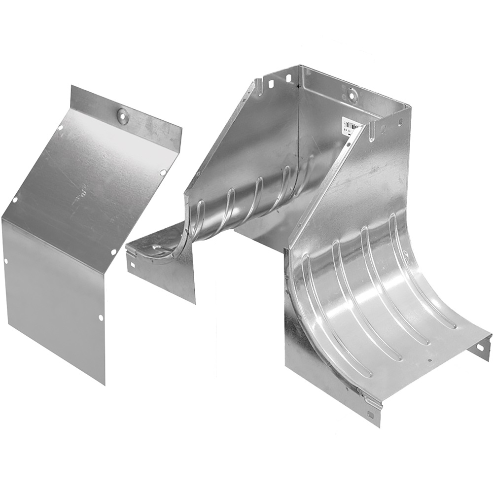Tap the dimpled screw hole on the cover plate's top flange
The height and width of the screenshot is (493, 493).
pos(122,115)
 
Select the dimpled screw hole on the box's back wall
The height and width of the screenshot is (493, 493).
pos(352,93)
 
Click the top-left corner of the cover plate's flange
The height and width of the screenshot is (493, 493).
pos(72,86)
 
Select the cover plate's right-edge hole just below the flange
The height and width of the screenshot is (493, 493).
pos(162,172)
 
